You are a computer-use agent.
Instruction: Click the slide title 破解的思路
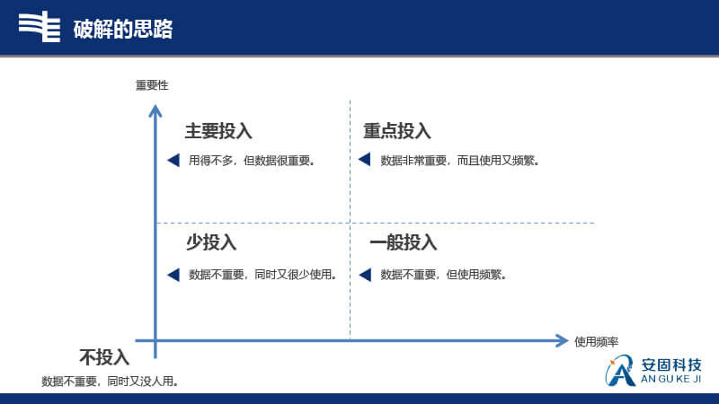pos(123,29)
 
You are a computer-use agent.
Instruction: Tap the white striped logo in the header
pos(40,27)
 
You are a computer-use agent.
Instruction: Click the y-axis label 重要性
pos(152,85)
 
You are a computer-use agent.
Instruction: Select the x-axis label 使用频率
pos(596,342)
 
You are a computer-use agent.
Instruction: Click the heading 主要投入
pos(218,131)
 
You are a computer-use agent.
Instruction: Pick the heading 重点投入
pos(397,131)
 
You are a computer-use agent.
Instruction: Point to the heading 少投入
pos(211,242)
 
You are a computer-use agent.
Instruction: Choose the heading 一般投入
pos(404,242)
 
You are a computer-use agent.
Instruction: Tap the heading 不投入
pos(104,357)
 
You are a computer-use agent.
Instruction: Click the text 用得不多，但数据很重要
pos(252,161)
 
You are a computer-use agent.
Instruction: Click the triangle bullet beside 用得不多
pos(173,160)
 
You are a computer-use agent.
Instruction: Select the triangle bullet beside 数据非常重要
pos(365,160)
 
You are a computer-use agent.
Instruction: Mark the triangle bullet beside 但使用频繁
pos(365,275)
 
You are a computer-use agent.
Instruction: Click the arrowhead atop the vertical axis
pos(155,110)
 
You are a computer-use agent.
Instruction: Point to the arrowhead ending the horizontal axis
pos(563,340)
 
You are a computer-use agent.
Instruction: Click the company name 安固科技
pos(671,364)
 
